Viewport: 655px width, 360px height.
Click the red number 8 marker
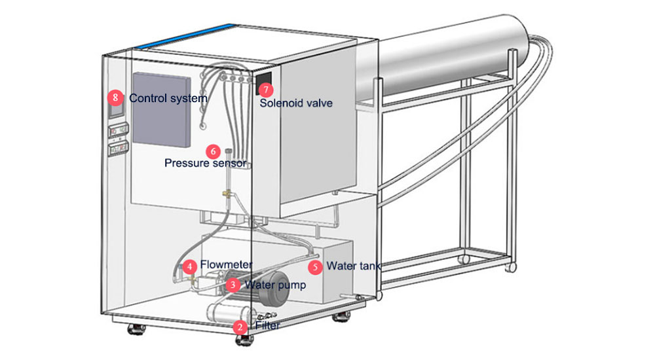click(116, 98)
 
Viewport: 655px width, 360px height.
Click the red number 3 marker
click(233, 285)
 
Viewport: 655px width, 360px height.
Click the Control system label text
click(168, 98)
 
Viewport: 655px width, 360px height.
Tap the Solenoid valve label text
click(296, 103)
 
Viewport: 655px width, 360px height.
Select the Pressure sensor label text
click(205, 163)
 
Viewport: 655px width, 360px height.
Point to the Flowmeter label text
click(226, 266)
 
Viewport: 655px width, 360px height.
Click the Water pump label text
click(274, 285)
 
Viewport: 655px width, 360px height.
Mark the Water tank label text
click(354, 266)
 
